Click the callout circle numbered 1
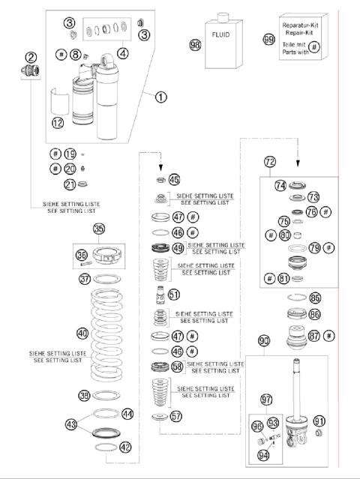click(x=160, y=96)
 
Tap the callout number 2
click(x=31, y=57)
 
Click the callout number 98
click(x=195, y=44)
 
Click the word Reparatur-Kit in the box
click(x=302, y=25)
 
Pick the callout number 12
click(x=58, y=122)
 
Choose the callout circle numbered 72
click(x=270, y=161)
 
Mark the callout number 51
click(x=174, y=295)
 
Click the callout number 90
click(x=264, y=341)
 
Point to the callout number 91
click(x=319, y=421)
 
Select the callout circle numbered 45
click(x=174, y=180)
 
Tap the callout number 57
click(x=175, y=415)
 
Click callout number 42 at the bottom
click(x=125, y=448)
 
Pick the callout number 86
click(x=314, y=315)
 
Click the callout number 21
click(x=70, y=185)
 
